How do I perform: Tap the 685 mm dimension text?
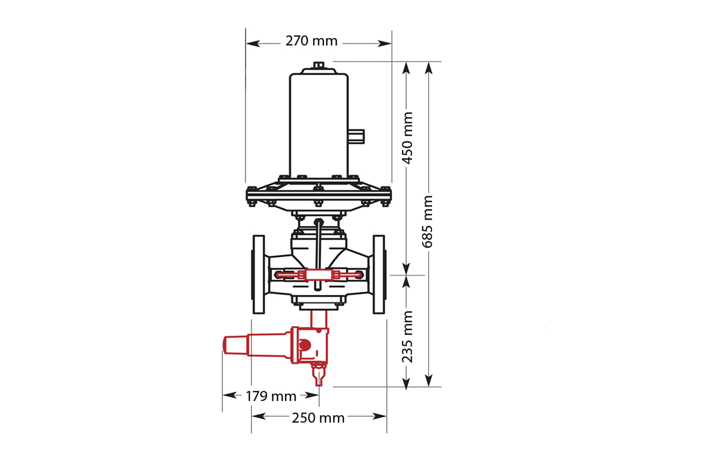pos(427,222)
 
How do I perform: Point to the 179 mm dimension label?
pos(271,396)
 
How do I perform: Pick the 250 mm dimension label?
pos(318,418)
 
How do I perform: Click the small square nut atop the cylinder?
pos(319,65)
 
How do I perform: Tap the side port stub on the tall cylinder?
pos(356,136)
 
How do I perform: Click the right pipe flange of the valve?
pos(379,274)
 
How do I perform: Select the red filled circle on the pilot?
pos(305,345)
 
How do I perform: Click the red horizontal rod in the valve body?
pos(319,275)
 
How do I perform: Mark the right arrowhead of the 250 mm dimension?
pos(380,416)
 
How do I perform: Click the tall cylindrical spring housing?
pos(319,126)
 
